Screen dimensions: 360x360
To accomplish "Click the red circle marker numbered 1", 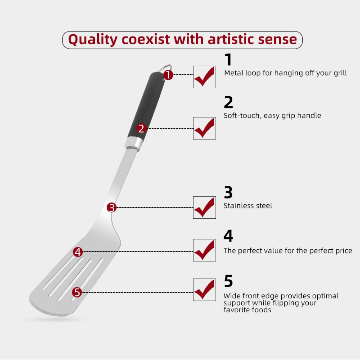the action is click(168, 75).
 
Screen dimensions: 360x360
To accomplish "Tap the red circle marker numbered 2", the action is click(141, 128).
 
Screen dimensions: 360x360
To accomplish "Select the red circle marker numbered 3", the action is click(112, 207).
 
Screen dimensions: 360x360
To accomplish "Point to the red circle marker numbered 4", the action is click(78, 252).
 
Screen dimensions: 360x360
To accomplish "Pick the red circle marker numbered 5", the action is click(77, 292).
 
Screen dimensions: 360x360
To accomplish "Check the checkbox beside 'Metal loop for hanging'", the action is click(204, 77).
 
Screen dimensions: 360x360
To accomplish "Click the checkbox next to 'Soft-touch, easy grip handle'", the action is click(204, 128).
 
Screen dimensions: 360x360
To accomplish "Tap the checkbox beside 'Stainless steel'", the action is click(204, 207).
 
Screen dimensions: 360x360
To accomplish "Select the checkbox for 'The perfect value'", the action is click(204, 250).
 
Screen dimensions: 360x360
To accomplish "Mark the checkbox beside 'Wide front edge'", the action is click(204, 290).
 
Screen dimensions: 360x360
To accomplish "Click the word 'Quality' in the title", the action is click(93, 40).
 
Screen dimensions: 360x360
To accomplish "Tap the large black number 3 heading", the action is click(228, 193).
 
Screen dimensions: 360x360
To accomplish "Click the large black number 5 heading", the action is click(229, 281).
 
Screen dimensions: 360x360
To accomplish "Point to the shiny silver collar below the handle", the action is click(134, 144).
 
